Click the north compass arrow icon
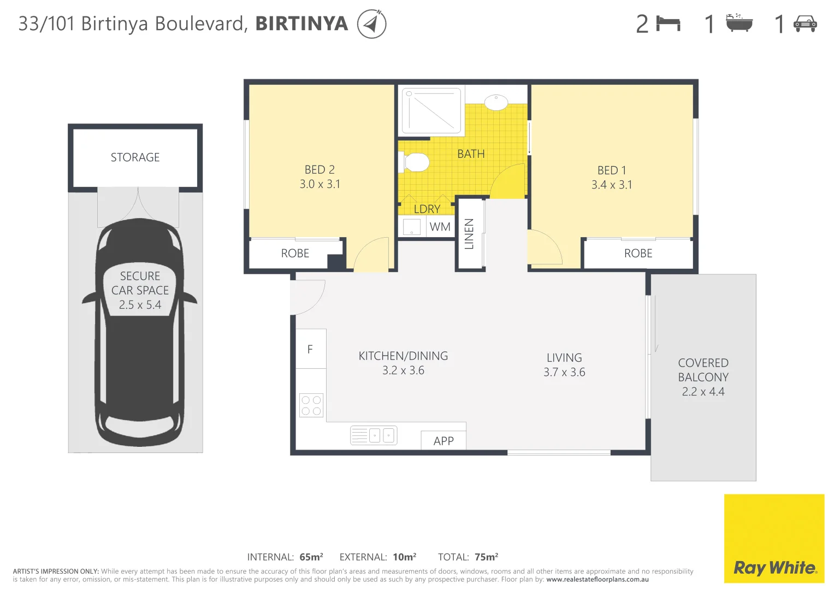(x=371, y=24)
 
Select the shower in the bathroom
(x=431, y=110)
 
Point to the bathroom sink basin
(x=496, y=102)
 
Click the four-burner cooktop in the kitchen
(x=311, y=405)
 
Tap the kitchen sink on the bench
(x=374, y=435)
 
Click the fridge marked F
(x=310, y=349)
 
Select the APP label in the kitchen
(x=443, y=441)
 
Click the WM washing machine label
(x=440, y=227)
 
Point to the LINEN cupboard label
(x=469, y=234)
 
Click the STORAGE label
(x=135, y=157)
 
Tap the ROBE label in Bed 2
(x=295, y=253)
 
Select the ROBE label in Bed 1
(x=638, y=253)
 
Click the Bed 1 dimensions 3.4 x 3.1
(x=612, y=185)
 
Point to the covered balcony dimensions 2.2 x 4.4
(x=703, y=392)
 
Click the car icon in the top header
(x=805, y=23)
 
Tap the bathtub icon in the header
(x=739, y=23)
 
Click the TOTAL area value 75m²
(x=486, y=557)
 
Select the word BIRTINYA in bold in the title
(x=301, y=23)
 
